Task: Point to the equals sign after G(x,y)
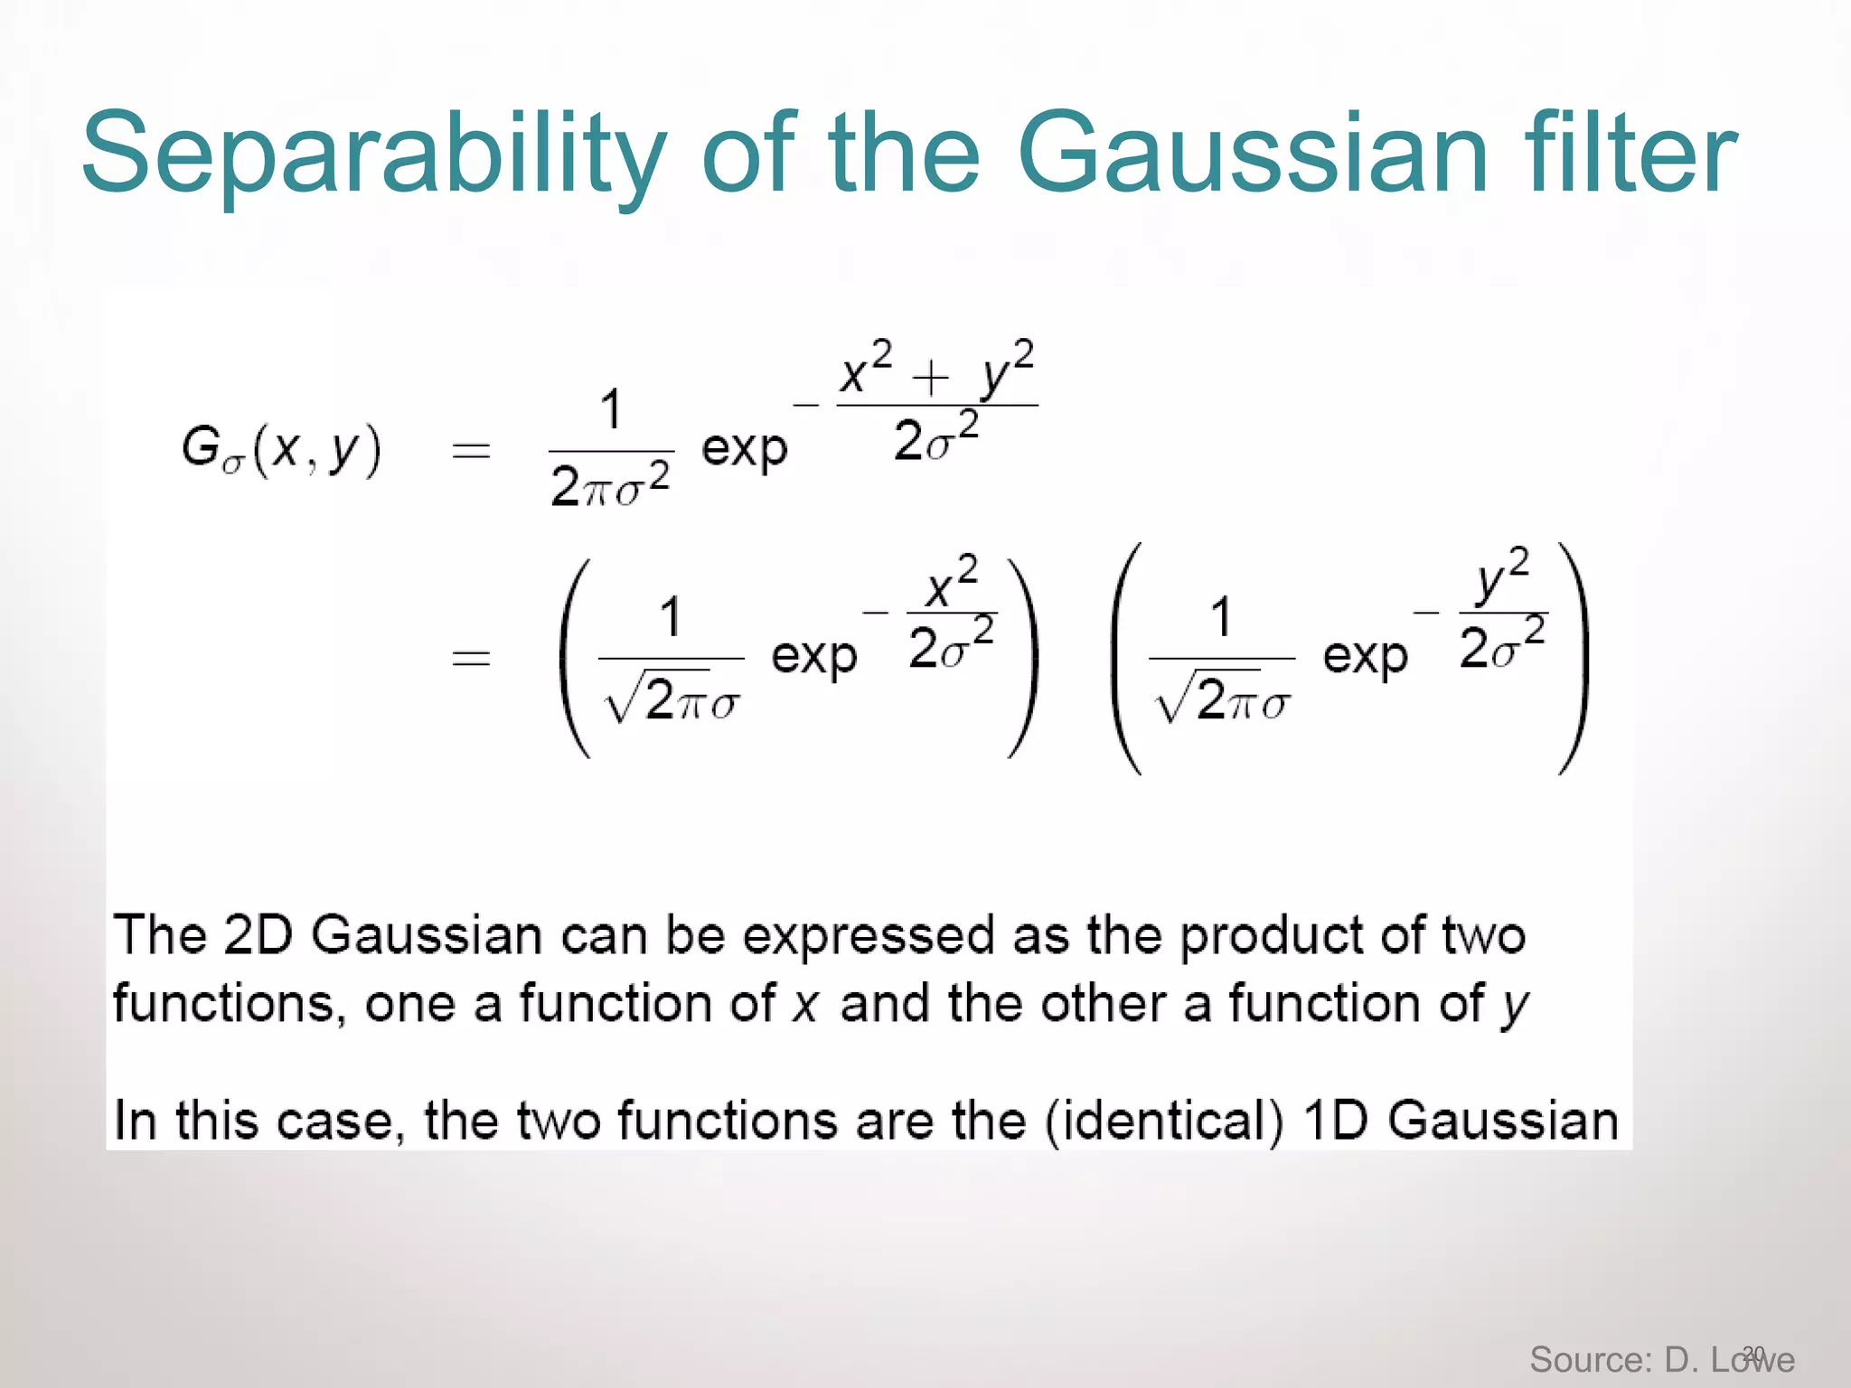[x=471, y=450]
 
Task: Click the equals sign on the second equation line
[x=471, y=657]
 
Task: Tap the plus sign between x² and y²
[x=931, y=377]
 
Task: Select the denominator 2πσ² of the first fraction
[x=610, y=485]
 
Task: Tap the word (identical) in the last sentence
[x=1164, y=1121]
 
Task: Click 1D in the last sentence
[x=1336, y=1121]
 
